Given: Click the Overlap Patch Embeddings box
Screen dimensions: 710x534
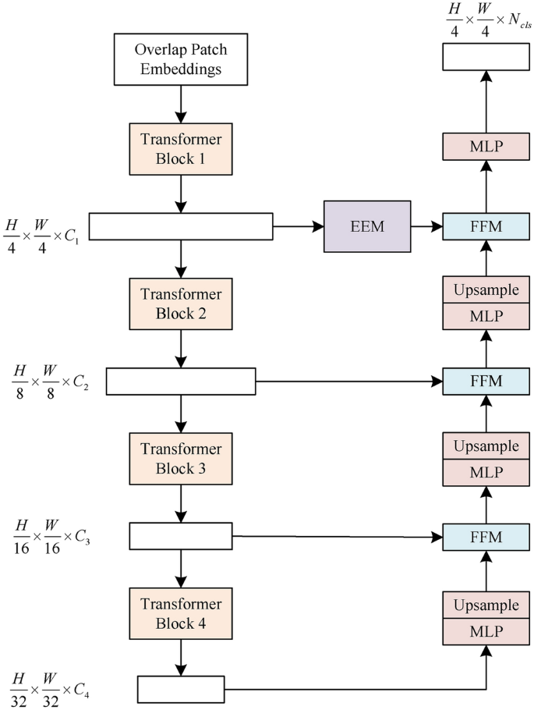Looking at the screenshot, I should click(x=181, y=59).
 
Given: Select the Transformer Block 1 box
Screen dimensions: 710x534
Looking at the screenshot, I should click(x=181, y=148).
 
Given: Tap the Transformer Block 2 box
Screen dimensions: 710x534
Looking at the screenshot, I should click(x=181, y=304).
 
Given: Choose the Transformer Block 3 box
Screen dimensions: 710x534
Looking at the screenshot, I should click(x=181, y=459).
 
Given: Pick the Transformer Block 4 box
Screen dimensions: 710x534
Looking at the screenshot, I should click(x=181, y=613).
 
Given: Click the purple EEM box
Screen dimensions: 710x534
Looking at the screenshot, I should click(x=366, y=226).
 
